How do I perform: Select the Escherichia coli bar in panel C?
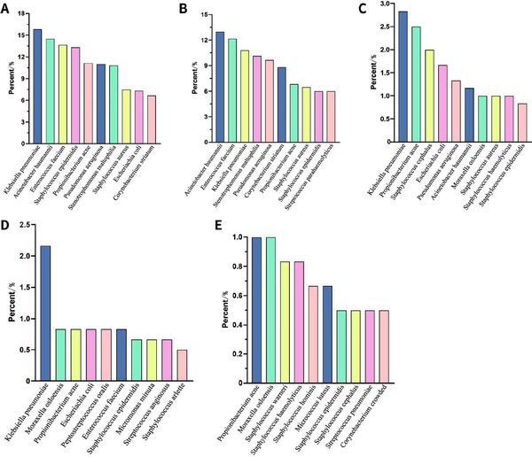click(x=442, y=101)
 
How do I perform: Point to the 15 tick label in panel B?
click(x=203, y=15)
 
